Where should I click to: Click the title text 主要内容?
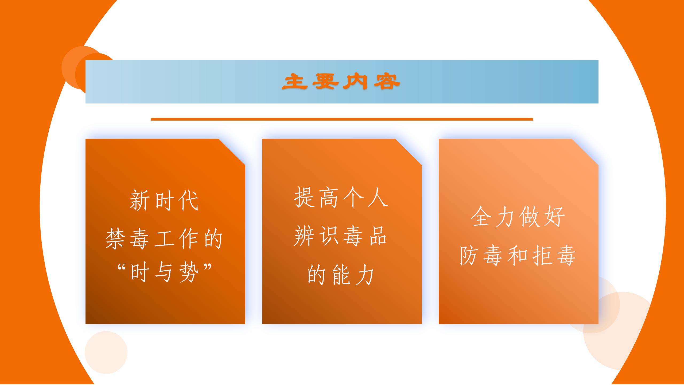click(341, 82)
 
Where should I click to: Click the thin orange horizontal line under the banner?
click(342, 119)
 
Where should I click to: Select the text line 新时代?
click(164, 200)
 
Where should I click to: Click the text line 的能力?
click(341, 275)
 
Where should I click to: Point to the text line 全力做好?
click(518, 217)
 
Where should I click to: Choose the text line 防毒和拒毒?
click(518, 255)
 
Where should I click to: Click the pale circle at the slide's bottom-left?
click(106, 352)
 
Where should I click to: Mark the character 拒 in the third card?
click(542, 255)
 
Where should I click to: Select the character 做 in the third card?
click(530, 217)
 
